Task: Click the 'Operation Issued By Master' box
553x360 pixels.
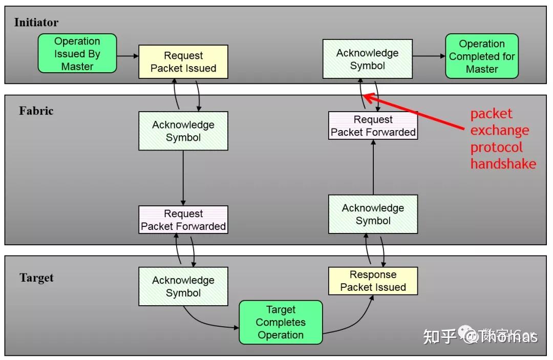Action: pos(77,54)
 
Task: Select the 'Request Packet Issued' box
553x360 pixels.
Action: pos(183,62)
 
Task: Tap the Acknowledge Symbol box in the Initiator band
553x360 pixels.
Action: pos(367,59)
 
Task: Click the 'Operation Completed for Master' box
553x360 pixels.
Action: pos(481,56)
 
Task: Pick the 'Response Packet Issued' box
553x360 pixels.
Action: pos(373,281)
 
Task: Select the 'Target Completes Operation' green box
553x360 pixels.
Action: pos(281,322)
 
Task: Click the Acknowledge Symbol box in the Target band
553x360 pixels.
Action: pos(183,286)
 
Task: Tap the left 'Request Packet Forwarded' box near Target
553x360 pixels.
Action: pos(183,220)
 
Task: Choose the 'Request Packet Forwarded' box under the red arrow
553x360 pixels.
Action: pos(373,126)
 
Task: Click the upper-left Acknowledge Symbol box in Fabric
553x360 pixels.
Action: pos(183,131)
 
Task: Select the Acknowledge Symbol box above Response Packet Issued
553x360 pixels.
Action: pos(373,214)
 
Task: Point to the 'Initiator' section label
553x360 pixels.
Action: pos(36,23)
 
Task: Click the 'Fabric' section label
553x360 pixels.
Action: pos(36,111)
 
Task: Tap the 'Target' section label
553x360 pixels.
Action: pos(36,278)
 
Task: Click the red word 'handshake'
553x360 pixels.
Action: pos(503,164)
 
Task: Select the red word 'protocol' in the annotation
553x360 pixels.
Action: pos(496,147)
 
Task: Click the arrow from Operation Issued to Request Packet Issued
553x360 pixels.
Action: pos(128,56)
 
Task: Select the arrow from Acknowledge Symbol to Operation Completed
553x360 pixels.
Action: pos(429,56)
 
